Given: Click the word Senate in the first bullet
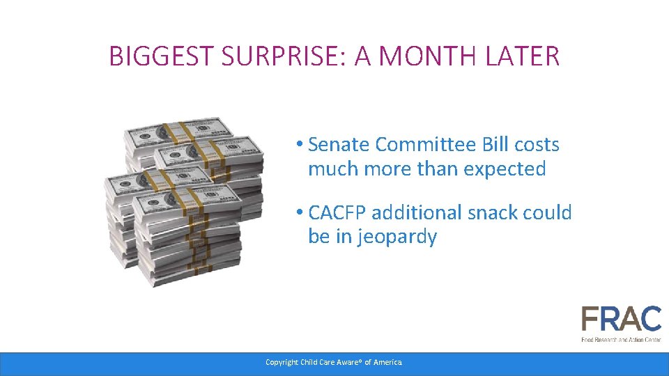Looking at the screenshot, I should coord(339,145).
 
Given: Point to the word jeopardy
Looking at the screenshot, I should coord(397,237).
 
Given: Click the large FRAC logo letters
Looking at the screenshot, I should coord(621,320).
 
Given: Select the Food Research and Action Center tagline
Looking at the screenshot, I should coord(621,339).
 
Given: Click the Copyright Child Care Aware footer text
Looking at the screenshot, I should coord(334,362).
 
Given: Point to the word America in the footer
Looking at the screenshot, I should coord(387,362).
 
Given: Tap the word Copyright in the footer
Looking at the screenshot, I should coord(282,362).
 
